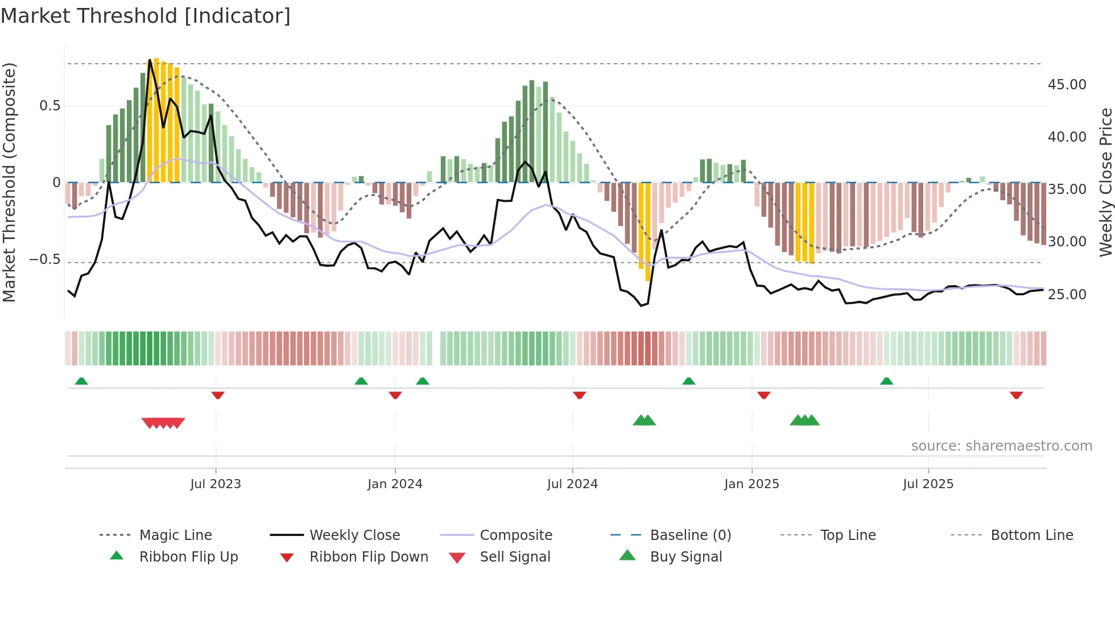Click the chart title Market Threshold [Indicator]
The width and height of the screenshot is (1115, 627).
(146, 16)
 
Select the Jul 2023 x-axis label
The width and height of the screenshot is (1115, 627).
(216, 484)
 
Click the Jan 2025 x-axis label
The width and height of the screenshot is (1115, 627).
(751, 484)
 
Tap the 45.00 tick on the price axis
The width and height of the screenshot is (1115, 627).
(1067, 85)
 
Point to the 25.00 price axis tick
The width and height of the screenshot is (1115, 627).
(1067, 294)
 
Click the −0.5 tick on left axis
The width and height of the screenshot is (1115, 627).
(44, 259)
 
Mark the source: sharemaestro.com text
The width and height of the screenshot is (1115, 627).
(1001, 445)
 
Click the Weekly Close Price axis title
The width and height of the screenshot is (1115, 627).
(1105, 182)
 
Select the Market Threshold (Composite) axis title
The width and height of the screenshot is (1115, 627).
(9, 182)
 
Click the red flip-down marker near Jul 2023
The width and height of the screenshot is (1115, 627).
(218, 395)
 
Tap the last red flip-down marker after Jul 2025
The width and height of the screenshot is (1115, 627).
(1016, 395)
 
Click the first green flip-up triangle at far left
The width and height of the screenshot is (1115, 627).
(81, 381)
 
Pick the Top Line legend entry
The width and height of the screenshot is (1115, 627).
(848, 535)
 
